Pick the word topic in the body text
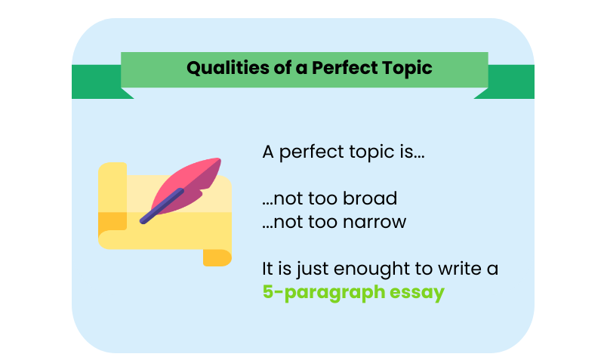coord(363,152)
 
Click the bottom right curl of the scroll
coord(217,257)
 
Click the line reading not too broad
coord(330,198)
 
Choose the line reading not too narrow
coord(334,222)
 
